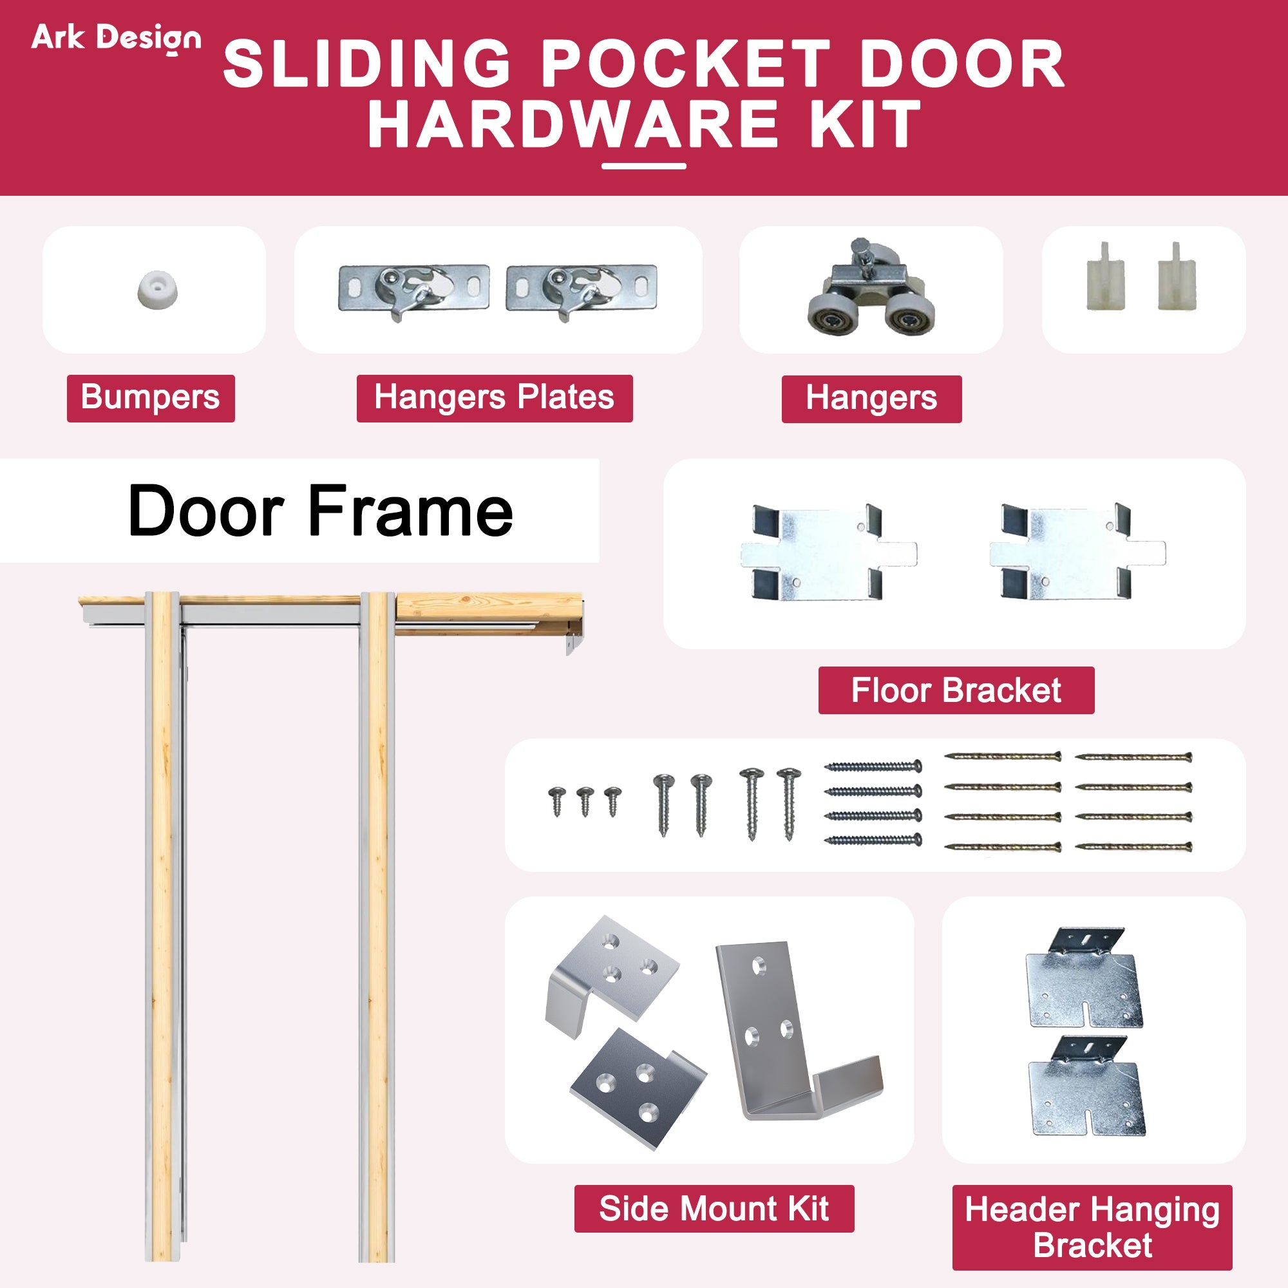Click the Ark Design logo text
point(116,39)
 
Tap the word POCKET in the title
point(685,64)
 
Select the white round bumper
point(157,290)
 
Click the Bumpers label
point(151,398)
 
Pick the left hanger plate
point(413,289)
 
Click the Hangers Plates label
point(494,398)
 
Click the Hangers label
point(871,399)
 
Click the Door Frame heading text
point(320,511)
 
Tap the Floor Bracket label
point(955,690)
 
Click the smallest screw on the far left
point(556,800)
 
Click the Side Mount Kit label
point(714,1209)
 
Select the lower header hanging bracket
point(1086,1086)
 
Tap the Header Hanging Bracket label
point(1092,1227)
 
